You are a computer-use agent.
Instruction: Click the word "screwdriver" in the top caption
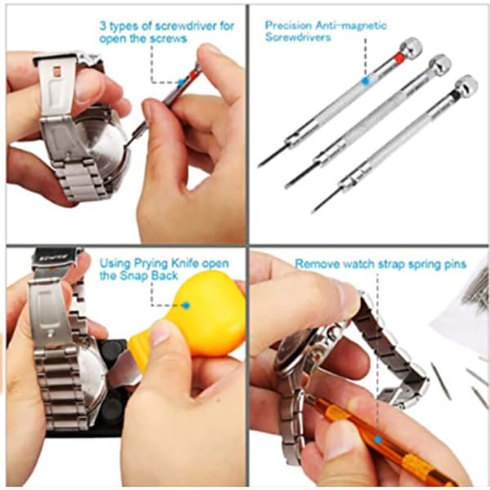[x=185, y=26]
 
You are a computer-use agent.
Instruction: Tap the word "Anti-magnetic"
[x=351, y=25]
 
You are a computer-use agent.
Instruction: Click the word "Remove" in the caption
[x=317, y=264]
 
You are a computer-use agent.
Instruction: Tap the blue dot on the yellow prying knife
[x=186, y=305]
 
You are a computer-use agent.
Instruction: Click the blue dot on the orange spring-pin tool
[x=378, y=440]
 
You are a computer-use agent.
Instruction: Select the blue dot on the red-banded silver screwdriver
[x=365, y=81]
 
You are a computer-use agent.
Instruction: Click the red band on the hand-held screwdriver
[x=192, y=74]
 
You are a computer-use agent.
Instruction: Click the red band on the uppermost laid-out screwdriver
[x=399, y=57]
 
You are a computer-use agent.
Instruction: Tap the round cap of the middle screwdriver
[x=440, y=64]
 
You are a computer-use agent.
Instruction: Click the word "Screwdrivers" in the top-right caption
[x=298, y=38]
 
